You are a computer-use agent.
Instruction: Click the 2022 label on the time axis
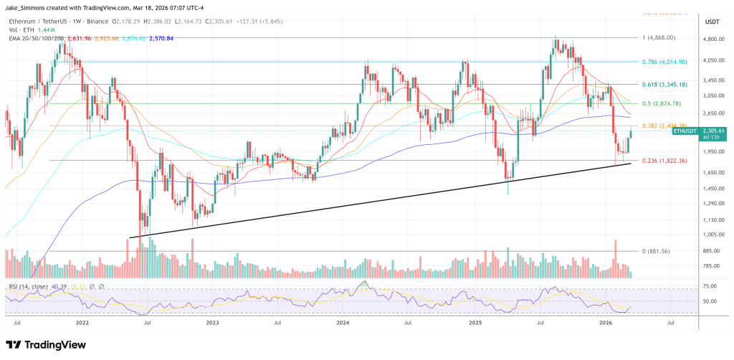[85, 323]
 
